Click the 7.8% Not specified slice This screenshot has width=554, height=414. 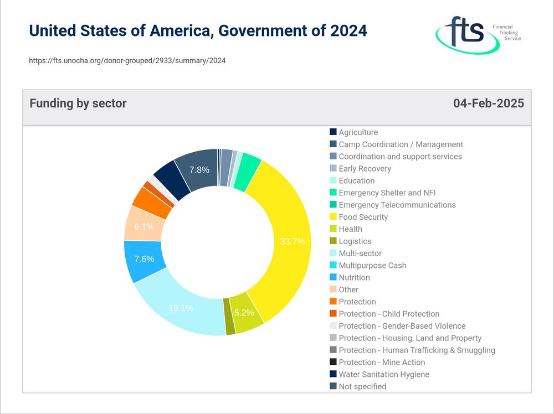click(198, 169)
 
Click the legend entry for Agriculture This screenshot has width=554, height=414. click(358, 132)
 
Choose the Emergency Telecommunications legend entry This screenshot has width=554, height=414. click(397, 205)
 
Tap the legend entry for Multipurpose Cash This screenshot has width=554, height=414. click(372, 265)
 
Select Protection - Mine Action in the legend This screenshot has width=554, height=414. click(382, 362)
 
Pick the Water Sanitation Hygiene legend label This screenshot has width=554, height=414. click(383, 374)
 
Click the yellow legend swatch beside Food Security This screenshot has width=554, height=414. click(333, 217)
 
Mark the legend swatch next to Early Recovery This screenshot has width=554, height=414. click(333, 168)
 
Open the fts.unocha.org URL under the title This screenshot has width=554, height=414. click(127, 60)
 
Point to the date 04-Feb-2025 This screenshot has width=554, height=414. click(488, 103)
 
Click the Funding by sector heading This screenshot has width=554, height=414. click(78, 103)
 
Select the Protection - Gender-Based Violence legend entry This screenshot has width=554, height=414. click(402, 326)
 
